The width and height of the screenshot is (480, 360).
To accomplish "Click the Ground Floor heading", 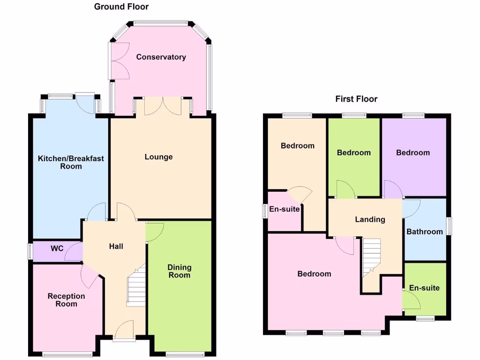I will coord(121,7).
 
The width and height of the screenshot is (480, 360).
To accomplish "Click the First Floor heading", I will coord(356,99).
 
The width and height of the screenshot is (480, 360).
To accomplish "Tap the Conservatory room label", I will coord(161,57).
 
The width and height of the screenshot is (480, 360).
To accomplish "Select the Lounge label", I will coord(158,157).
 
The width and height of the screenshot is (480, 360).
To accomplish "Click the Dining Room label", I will coord(180,271).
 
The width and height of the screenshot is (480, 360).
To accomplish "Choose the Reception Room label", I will coord(66,300).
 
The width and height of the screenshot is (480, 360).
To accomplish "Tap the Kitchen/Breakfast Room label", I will coord(71,162).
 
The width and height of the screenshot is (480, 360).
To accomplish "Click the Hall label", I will coord(116,246).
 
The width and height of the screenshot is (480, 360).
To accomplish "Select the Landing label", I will coord(370,219).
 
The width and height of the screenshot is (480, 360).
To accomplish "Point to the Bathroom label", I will coord(424,232).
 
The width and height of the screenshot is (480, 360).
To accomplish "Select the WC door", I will coord(74,251).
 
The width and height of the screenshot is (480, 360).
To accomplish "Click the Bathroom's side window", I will coord(448,225).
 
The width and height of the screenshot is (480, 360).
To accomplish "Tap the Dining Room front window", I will coord(180,354).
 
